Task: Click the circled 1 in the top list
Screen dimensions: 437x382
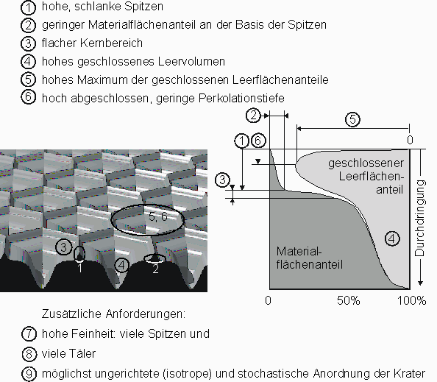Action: (28, 7)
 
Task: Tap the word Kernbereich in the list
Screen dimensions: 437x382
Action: (111, 43)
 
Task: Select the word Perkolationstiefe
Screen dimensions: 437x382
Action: (241, 98)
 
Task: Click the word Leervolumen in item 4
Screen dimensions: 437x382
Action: (191, 61)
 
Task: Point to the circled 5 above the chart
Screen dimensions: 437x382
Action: (352, 119)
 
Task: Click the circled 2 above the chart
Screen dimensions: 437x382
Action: (253, 115)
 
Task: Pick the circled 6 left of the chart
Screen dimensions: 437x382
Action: (258, 141)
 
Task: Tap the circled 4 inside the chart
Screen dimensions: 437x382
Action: (392, 238)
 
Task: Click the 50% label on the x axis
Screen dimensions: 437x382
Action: (349, 300)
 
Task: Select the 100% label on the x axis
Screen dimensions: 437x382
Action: (412, 300)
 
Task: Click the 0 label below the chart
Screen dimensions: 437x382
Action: (268, 300)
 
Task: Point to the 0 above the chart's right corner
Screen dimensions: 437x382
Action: (410, 140)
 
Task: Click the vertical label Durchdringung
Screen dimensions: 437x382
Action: (420, 218)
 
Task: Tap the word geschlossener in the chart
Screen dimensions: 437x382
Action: (366, 163)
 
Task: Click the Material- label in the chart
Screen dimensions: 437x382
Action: (299, 251)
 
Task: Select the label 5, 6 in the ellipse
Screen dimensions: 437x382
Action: (157, 216)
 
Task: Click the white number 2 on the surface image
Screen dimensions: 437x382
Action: (155, 269)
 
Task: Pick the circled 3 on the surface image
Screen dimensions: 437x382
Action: (63, 247)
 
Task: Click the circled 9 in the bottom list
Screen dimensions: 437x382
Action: (29, 373)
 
